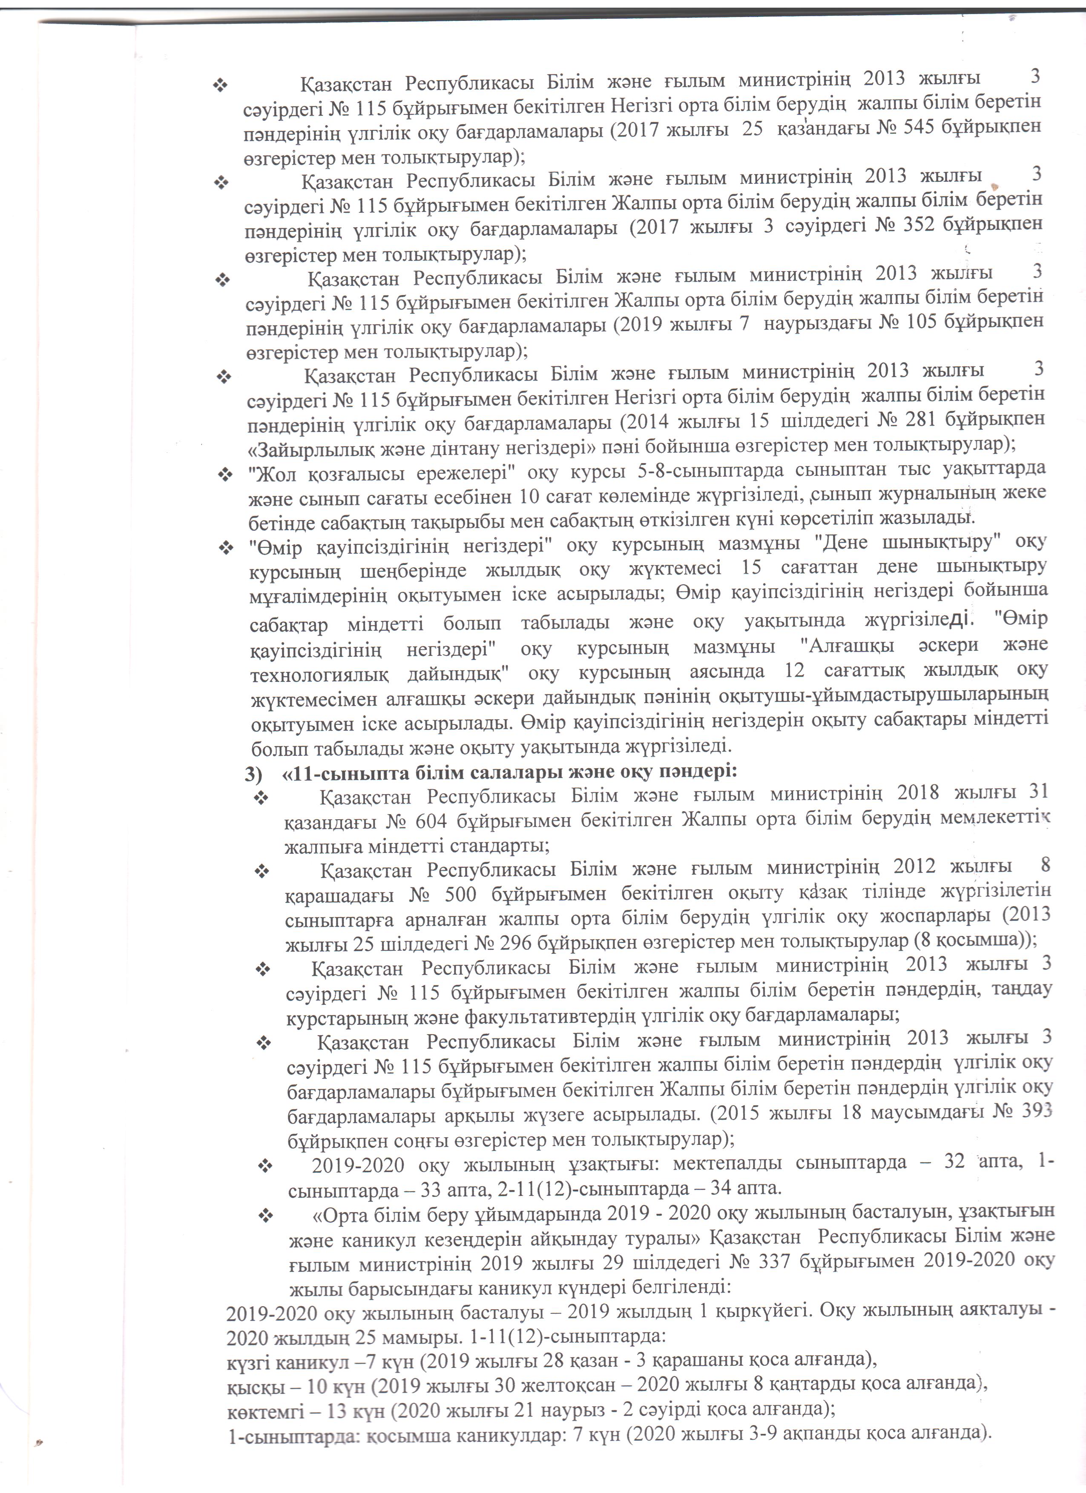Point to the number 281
click(x=922, y=419)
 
